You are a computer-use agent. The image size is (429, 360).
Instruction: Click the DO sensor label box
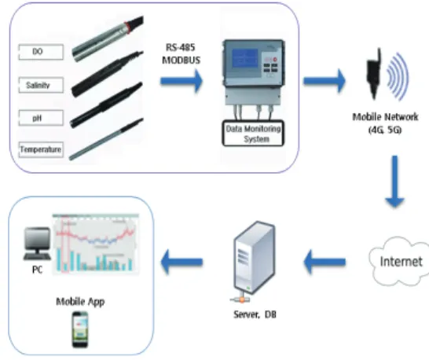(x=41, y=52)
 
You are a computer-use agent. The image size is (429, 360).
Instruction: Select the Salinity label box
(x=41, y=85)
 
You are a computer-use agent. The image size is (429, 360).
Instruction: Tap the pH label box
(x=41, y=118)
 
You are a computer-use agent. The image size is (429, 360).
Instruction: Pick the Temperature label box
(x=41, y=149)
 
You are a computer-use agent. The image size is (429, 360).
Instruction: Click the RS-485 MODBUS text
(x=181, y=53)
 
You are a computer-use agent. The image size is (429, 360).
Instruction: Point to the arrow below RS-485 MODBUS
(x=181, y=81)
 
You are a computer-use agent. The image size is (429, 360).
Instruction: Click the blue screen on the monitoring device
(x=245, y=60)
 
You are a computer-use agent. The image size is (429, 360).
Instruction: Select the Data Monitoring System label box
(x=253, y=134)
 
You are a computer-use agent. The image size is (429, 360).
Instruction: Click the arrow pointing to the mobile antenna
(x=324, y=81)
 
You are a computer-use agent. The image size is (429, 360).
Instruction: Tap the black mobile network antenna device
(x=374, y=74)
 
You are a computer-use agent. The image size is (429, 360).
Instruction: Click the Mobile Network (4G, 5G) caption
(x=385, y=123)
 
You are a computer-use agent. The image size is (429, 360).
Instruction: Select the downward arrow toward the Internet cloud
(x=394, y=182)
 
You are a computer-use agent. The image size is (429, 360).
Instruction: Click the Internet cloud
(x=399, y=261)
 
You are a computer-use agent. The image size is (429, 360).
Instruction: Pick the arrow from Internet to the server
(x=324, y=262)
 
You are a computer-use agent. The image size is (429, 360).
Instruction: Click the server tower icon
(x=254, y=259)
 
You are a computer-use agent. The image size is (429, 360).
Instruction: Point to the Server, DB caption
(x=255, y=314)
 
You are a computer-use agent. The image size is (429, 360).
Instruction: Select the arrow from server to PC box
(x=181, y=262)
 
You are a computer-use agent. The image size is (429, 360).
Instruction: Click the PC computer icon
(x=38, y=244)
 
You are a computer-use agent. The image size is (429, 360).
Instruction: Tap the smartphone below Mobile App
(x=80, y=329)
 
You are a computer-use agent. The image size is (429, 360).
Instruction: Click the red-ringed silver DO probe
(x=108, y=39)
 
